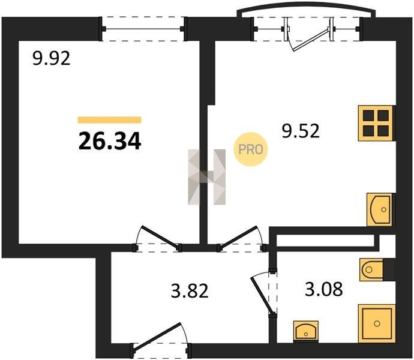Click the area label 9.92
coord(52,58)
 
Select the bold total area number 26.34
coord(110,141)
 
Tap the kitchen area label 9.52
coord(301,131)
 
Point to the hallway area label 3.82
coord(190,290)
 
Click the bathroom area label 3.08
coord(324,289)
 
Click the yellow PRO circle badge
coord(251,149)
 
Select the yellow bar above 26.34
coord(110,120)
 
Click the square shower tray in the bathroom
coord(377,323)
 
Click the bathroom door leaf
coord(261,295)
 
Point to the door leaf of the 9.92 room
coord(161,236)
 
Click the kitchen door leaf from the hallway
coord(238,237)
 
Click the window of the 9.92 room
coord(143,29)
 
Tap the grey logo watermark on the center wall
coord(207,177)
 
